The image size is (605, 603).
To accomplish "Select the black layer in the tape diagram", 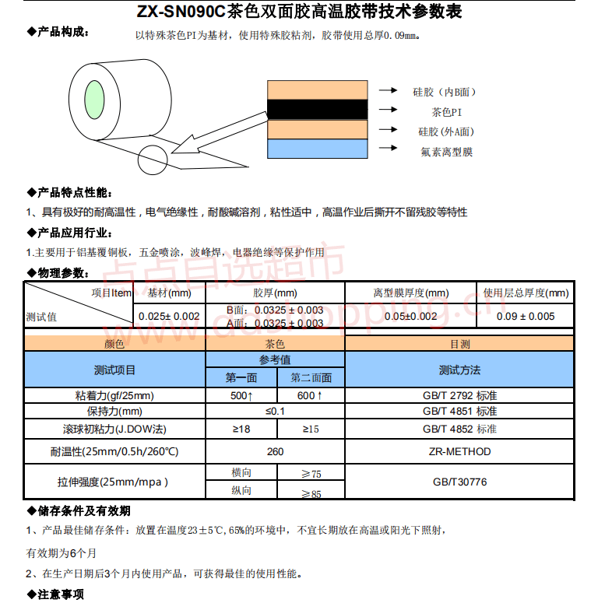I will coord(317,109).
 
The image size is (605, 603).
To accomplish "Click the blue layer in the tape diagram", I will coord(317,148).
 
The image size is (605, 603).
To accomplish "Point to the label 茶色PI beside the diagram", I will coord(446,112).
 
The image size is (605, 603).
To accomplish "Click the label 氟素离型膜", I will coord(446,152).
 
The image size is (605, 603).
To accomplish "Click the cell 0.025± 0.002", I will coord(169,317).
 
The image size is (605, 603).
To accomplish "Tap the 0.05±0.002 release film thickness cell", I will coord(410,317).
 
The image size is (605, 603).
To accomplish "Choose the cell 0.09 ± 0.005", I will coord(526,317).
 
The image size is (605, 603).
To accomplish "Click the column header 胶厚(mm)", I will coord(275,293).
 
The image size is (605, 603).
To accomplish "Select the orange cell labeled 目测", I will coord(459,343).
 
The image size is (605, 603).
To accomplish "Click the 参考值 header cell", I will coord(275,359).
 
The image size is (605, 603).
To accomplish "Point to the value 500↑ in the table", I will coord(241,396).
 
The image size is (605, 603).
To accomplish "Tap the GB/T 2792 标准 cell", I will coord(459,396).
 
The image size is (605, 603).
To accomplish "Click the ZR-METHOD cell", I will coord(459,451).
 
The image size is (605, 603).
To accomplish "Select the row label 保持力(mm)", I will coord(114,412).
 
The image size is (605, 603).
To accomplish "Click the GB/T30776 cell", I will coord(459,482).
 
